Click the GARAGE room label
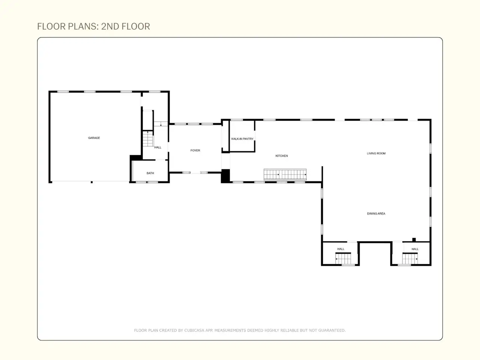click(x=94, y=138)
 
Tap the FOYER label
click(x=195, y=150)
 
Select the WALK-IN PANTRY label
click(x=242, y=139)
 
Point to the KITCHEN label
click(x=282, y=156)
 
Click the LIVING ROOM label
click(x=376, y=153)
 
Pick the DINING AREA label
click(x=376, y=213)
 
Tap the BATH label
click(x=150, y=173)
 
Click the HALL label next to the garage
click(x=157, y=147)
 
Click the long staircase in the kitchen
click(x=285, y=174)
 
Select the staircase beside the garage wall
click(x=148, y=139)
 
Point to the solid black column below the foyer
click(x=225, y=176)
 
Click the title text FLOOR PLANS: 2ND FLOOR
click(x=94, y=27)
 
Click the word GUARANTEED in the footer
click(x=332, y=330)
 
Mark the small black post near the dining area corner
click(x=414, y=240)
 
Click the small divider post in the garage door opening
click(x=91, y=182)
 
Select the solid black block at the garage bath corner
click(x=136, y=158)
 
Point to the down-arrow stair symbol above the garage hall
click(x=161, y=124)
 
